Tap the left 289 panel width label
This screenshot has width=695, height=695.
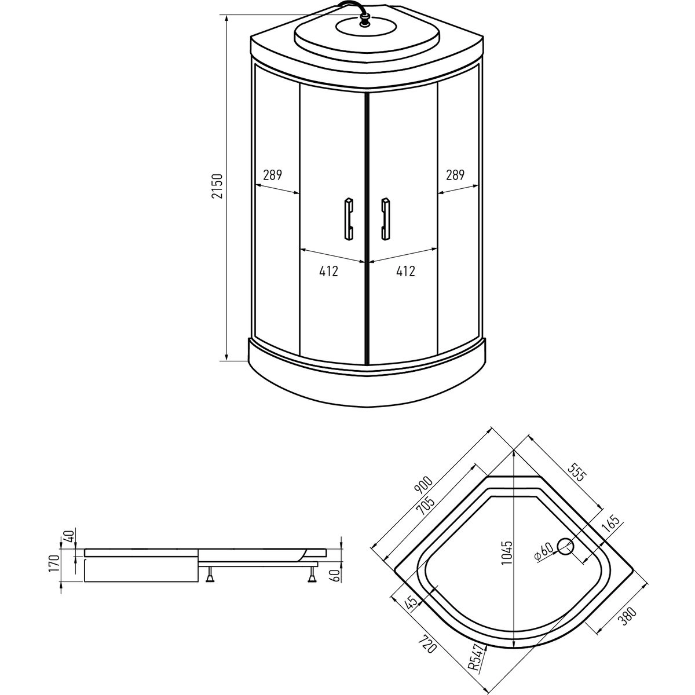[x=272, y=175]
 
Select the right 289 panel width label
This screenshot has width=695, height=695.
[x=455, y=175]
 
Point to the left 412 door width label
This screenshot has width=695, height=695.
[x=328, y=271]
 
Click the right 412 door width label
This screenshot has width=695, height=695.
[x=406, y=271]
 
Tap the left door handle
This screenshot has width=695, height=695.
[x=349, y=218]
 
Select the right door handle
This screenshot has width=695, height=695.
[x=385, y=218]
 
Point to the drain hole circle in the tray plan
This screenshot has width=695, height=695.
[x=565, y=556]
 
